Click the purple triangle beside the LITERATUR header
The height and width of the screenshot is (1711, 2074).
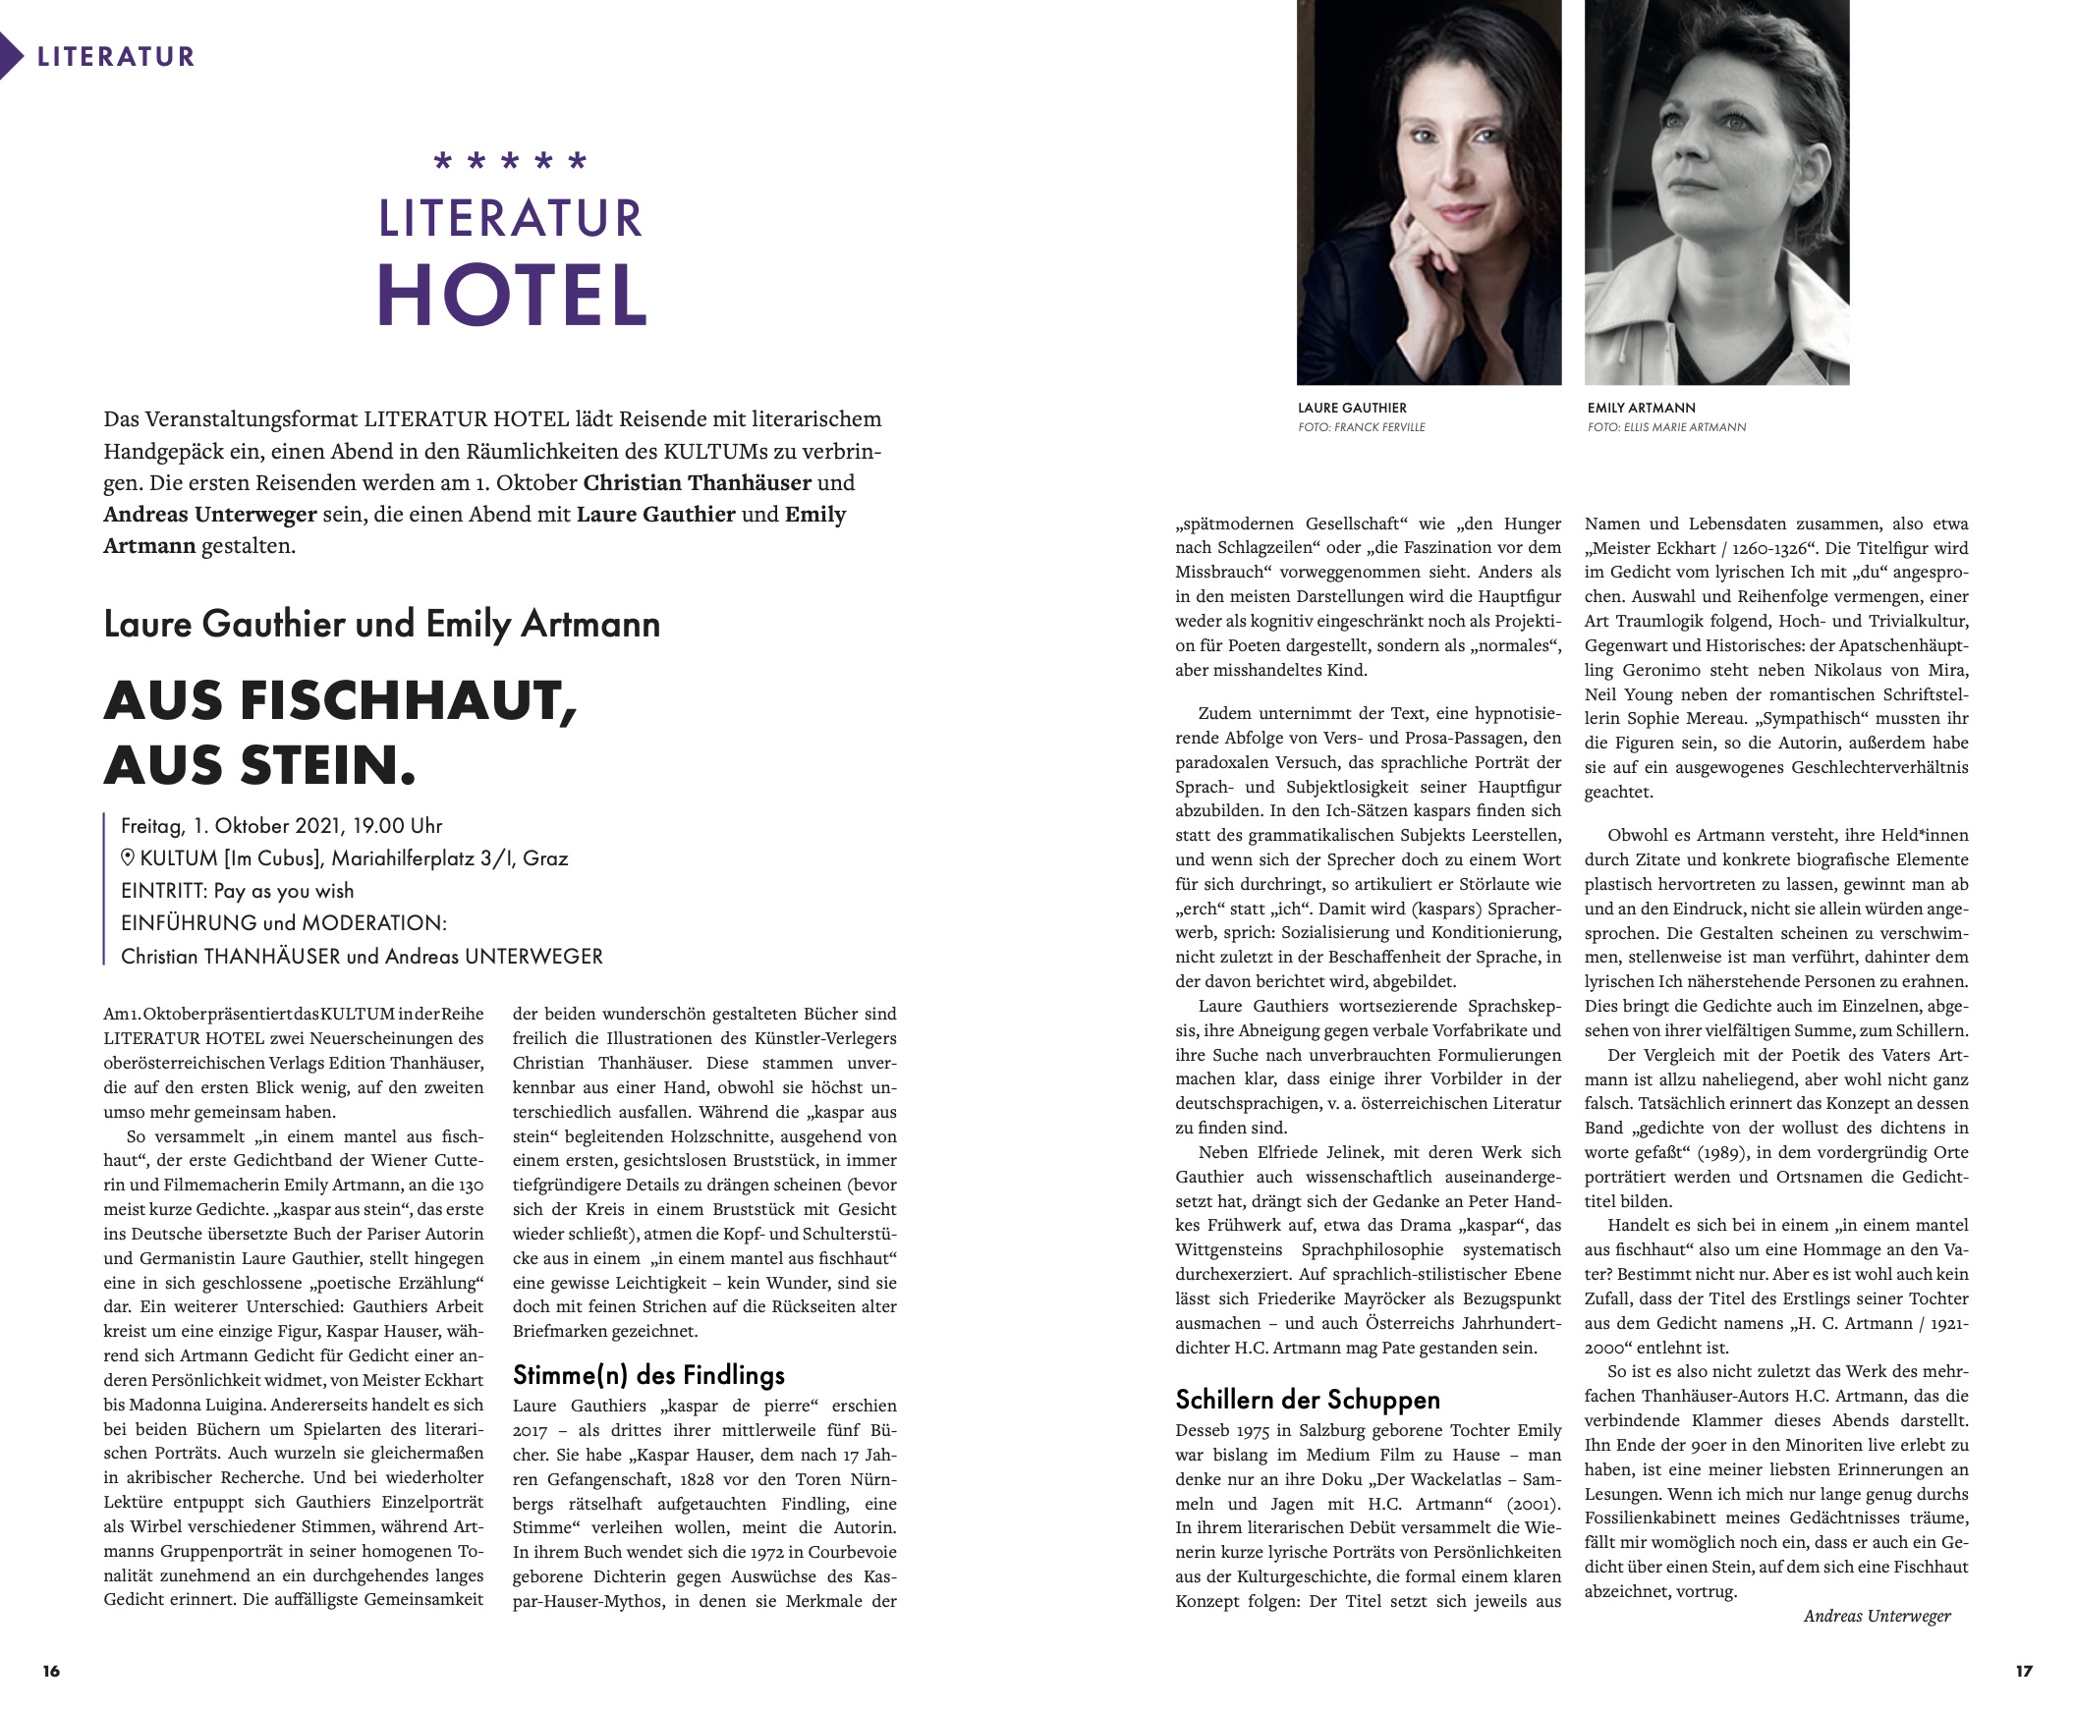(11, 56)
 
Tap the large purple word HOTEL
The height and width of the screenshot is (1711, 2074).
(512, 296)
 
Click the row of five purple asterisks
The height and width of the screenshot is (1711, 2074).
(511, 161)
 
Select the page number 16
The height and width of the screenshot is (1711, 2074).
(51, 1671)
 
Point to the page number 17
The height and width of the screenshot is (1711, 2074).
(2024, 1671)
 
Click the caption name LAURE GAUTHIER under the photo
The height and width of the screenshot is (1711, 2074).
(1352, 408)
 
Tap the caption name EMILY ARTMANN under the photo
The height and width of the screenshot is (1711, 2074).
(1642, 408)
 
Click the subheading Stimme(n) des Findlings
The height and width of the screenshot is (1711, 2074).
(648, 1375)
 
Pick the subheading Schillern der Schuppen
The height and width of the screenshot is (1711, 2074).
(1307, 1400)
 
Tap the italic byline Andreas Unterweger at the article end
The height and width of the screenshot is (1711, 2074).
(1877, 1616)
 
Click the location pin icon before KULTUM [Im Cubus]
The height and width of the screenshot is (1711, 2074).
(128, 857)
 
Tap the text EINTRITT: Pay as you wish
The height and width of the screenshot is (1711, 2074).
(237, 891)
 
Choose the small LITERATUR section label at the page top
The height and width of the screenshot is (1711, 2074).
(115, 56)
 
